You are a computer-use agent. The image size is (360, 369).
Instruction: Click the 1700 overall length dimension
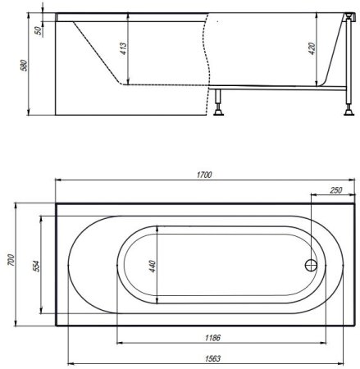204,175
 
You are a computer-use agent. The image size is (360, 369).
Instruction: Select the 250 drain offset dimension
336,190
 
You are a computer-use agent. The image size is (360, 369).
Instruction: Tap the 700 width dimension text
11,260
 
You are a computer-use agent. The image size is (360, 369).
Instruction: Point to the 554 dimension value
36,266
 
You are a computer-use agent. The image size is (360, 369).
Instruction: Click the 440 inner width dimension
153,266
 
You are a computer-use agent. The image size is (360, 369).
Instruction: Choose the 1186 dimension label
212,338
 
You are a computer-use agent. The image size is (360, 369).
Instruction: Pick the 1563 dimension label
212,358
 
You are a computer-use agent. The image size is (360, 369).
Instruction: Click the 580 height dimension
25,66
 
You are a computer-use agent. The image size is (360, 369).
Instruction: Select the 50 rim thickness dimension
39,30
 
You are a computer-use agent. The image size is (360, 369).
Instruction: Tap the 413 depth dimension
124,48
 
